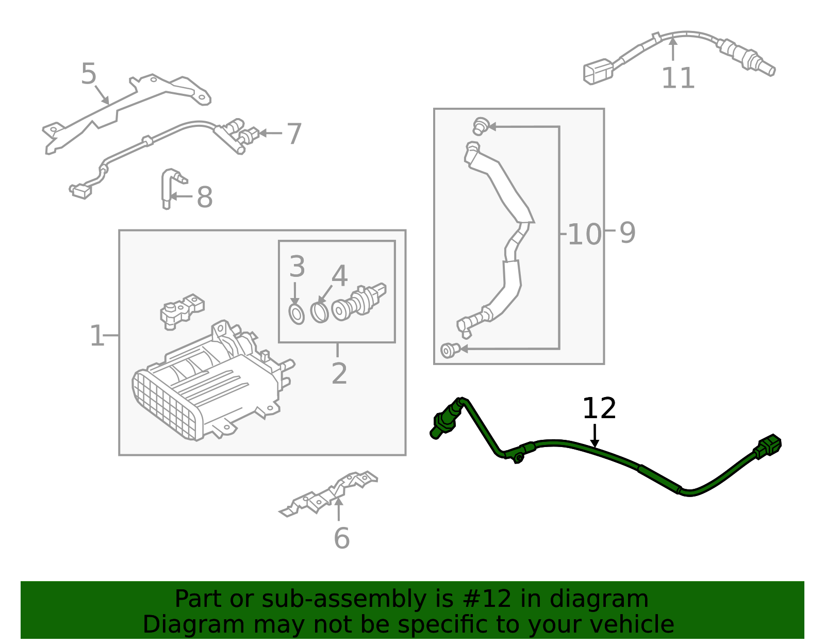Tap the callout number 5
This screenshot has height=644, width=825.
click(89, 74)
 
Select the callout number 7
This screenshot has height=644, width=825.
click(294, 134)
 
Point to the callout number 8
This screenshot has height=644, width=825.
click(205, 197)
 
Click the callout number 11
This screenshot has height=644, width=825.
click(678, 78)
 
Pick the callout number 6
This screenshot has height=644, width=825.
click(341, 538)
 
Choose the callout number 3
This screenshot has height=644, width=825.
click(297, 267)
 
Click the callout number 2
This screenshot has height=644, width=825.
click(339, 373)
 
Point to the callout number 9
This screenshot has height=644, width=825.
click(627, 233)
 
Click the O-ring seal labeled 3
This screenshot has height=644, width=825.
click(296, 314)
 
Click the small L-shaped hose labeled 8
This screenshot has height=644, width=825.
click(168, 188)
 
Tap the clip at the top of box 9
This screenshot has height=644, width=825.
click(480, 125)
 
